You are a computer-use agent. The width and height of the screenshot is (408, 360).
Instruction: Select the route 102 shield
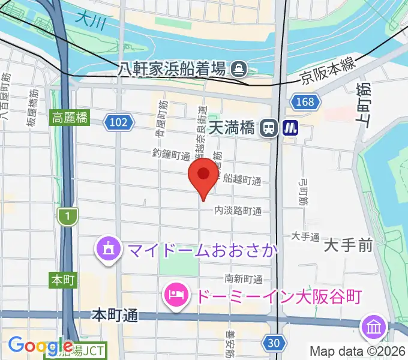118,123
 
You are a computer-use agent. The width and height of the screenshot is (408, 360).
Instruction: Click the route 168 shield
304,102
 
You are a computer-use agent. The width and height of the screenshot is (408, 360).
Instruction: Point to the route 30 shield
273,343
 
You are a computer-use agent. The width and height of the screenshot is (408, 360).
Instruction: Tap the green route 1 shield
68,217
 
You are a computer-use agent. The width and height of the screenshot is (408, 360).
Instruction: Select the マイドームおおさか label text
200,248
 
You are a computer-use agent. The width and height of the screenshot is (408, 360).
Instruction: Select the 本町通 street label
115,314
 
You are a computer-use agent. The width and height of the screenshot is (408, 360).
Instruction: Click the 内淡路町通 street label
238,211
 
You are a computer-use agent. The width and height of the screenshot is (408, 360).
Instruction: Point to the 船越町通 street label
242,179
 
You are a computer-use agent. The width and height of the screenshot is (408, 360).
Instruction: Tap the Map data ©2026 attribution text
358,351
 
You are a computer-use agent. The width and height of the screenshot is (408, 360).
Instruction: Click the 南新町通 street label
244,278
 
